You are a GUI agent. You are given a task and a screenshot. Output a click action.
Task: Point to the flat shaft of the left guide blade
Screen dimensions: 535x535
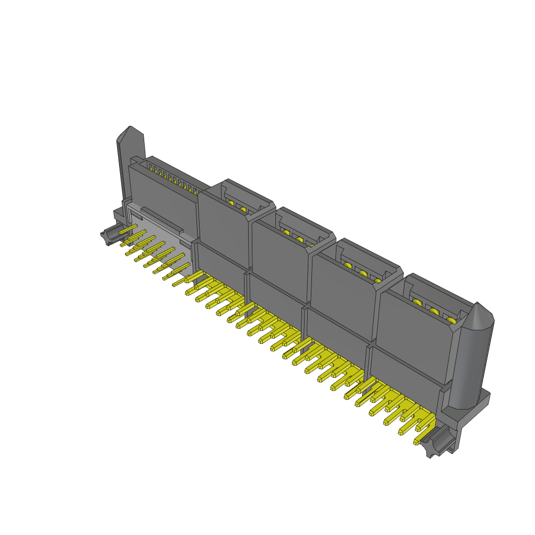tap(125, 167)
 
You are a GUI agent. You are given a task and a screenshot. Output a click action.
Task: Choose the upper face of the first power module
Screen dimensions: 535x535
tap(222, 225)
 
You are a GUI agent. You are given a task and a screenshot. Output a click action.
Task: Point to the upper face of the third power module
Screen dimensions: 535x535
tap(342, 293)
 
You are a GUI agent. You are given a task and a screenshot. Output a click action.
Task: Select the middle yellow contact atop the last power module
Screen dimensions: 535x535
tap(434, 312)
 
